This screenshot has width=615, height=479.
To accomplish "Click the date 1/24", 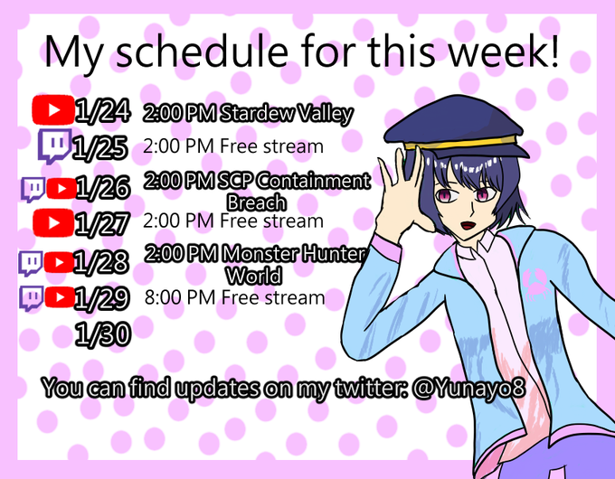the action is (x=102, y=111).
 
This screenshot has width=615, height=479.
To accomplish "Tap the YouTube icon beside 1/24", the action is (x=53, y=109).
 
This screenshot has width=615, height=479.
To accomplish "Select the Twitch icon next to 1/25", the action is (x=55, y=146).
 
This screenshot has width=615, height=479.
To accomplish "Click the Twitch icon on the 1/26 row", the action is (x=33, y=189).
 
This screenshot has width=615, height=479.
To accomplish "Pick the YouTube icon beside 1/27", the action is (x=53, y=222).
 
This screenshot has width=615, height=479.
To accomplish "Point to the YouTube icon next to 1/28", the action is (x=59, y=262).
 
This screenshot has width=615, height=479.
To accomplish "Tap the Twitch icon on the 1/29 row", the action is (x=32, y=298).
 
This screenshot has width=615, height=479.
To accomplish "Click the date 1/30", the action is (x=102, y=334).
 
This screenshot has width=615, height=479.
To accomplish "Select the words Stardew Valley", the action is (x=287, y=114).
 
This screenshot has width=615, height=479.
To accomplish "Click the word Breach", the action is (x=257, y=202).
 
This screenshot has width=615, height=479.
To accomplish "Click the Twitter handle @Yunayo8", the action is (x=468, y=389).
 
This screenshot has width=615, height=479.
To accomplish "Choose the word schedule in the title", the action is (x=203, y=52).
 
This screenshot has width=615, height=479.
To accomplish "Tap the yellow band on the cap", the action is (x=463, y=143).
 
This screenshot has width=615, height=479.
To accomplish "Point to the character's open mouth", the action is (x=468, y=225).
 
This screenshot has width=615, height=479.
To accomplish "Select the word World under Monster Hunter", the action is (x=254, y=276).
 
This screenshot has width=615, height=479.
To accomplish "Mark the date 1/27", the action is (x=101, y=223).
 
